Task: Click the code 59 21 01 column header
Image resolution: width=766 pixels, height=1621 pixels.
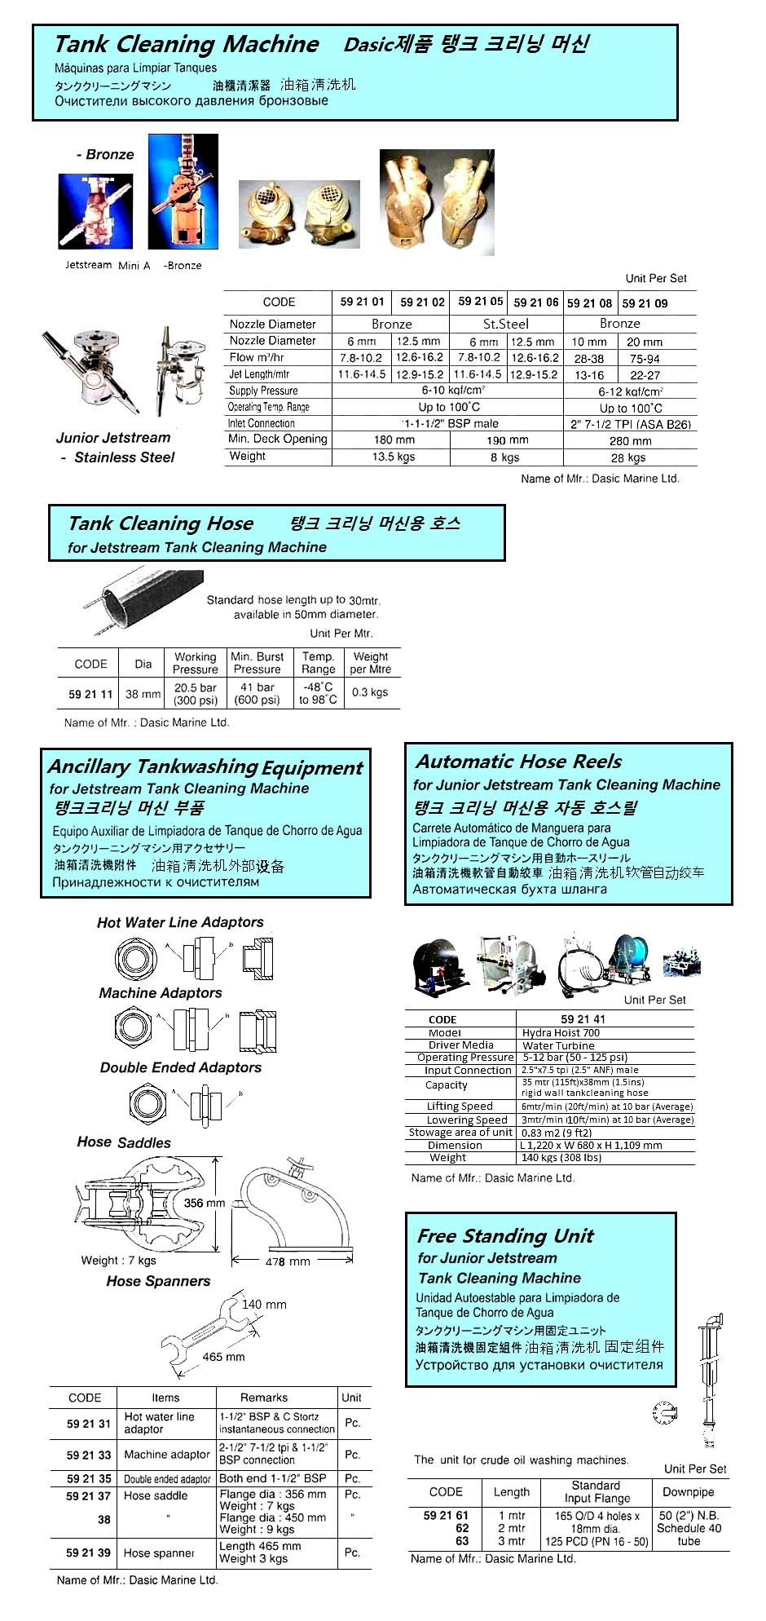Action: pos(362,302)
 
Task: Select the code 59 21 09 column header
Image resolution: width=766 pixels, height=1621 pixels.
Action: pos(645,303)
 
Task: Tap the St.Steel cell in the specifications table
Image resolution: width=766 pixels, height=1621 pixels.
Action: pos(505,324)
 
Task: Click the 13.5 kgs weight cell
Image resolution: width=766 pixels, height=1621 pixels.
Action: pos(394,457)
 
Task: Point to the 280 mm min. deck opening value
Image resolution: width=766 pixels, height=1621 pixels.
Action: pos(630,441)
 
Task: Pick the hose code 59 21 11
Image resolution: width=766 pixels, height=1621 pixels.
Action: pos(90,694)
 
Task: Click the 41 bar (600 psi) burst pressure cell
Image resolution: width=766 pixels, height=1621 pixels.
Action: pos(257,693)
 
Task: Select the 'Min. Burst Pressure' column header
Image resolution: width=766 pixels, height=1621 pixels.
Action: pos(257,662)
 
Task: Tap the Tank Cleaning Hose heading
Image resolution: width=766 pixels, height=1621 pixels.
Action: pos(161,523)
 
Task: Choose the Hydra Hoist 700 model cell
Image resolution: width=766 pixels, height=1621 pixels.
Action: pos(561,1032)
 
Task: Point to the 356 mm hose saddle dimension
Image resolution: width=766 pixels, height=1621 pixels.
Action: pos(204,1203)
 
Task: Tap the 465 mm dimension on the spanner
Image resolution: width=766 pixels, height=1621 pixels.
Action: pos(223,1357)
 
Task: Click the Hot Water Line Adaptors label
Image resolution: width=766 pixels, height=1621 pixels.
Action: pos(180,922)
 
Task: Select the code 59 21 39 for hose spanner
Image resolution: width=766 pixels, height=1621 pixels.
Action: pos(88,1553)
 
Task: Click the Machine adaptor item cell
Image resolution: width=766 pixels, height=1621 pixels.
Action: pos(167,1454)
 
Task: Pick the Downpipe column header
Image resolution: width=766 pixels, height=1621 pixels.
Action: pos(688,1492)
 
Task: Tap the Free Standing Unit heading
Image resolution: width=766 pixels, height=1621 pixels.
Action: pos(505,1236)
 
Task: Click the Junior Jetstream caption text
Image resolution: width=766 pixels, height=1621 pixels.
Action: pos(113,438)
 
